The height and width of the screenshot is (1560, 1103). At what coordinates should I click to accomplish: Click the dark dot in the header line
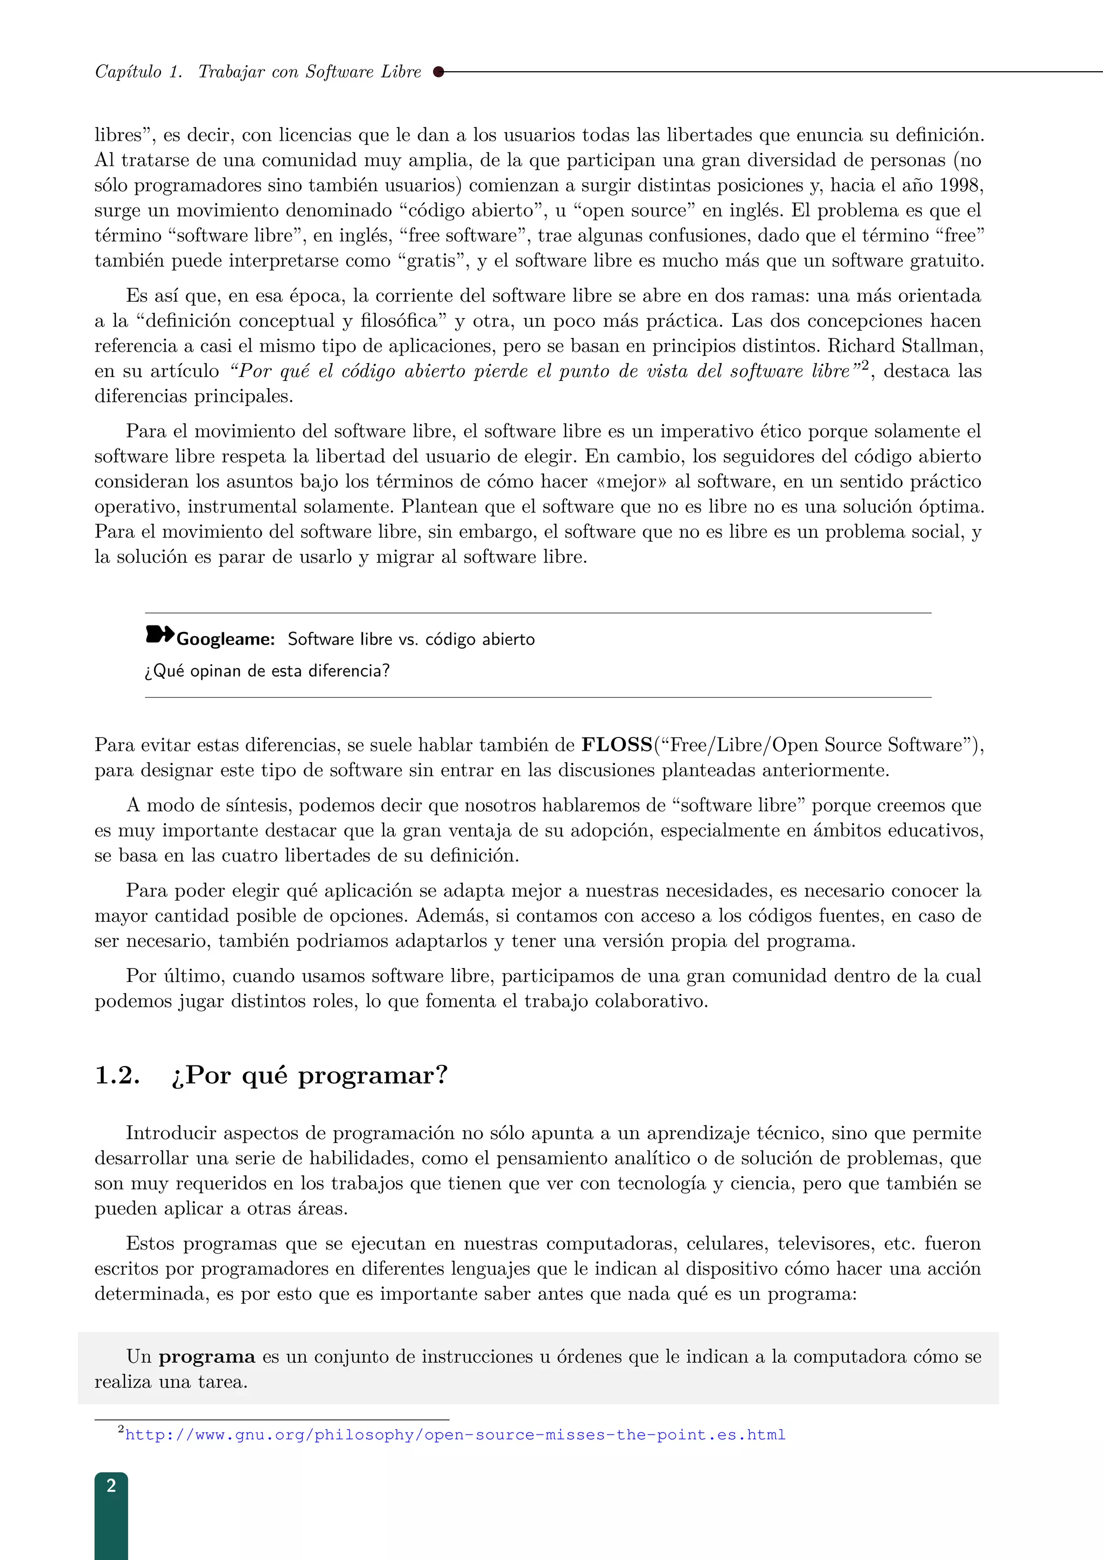click(438, 71)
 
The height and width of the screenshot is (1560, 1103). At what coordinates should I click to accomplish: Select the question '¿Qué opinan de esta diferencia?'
click(267, 671)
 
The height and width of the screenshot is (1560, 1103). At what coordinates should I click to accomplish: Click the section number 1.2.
click(117, 1076)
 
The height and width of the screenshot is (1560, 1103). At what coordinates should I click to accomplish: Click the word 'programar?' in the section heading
click(373, 1076)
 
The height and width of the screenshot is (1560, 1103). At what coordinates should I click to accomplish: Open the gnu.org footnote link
click(455, 1435)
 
